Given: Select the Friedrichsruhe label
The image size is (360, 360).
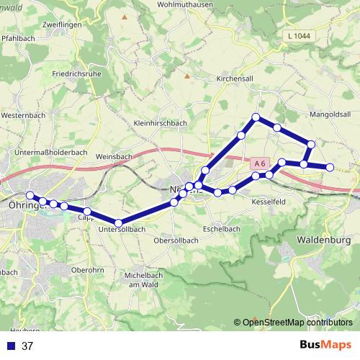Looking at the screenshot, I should click(x=76, y=73).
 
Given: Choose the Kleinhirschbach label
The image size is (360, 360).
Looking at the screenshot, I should click(x=161, y=123).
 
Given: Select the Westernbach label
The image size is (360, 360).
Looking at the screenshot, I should click(x=24, y=114).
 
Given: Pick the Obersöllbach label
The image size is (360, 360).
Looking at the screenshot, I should click(x=176, y=240).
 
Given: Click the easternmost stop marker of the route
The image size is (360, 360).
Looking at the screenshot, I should click(x=330, y=168).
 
